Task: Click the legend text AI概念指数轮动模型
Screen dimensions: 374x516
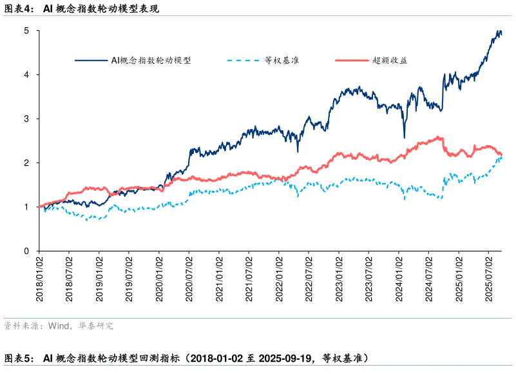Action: tap(151, 61)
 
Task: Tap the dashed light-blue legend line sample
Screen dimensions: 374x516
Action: tap(243, 61)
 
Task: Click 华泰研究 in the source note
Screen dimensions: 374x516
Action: tap(97, 326)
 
